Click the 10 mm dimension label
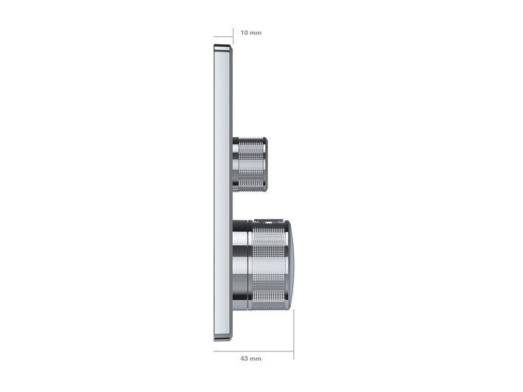pyautogui.click(x=250, y=32)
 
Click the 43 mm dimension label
pyautogui.click(x=250, y=358)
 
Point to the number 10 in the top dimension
pyautogui.click(x=245, y=32)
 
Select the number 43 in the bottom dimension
pyautogui.click(x=245, y=358)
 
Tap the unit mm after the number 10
pyautogui.click(x=256, y=32)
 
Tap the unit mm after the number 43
pyautogui.click(x=256, y=358)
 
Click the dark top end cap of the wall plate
pyautogui.click(x=223, y=49)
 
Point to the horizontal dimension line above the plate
pyautogui.click(x=223, y=37)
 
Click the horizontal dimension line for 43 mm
pyautogui.click(x=254, y=350)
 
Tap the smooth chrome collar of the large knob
pyautogui.click(x=240, y=265)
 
